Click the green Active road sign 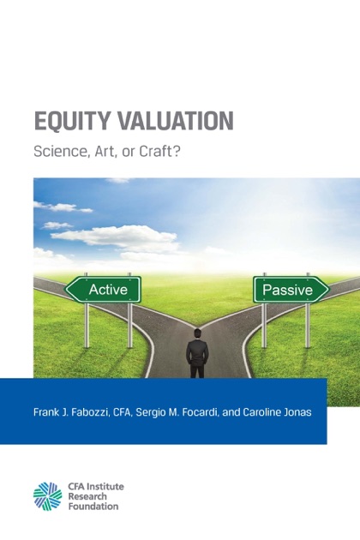(x=103, y=290)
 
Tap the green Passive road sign (x=291, y=290)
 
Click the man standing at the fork (x=197, y=354)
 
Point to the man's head (x=197, y=334)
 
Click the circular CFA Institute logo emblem (x=47, y=496)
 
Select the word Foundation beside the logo (x=93, y=507)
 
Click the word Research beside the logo (x=87, y=496)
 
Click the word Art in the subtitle (x=105, y=152)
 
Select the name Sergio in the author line (x=148, y=412)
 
